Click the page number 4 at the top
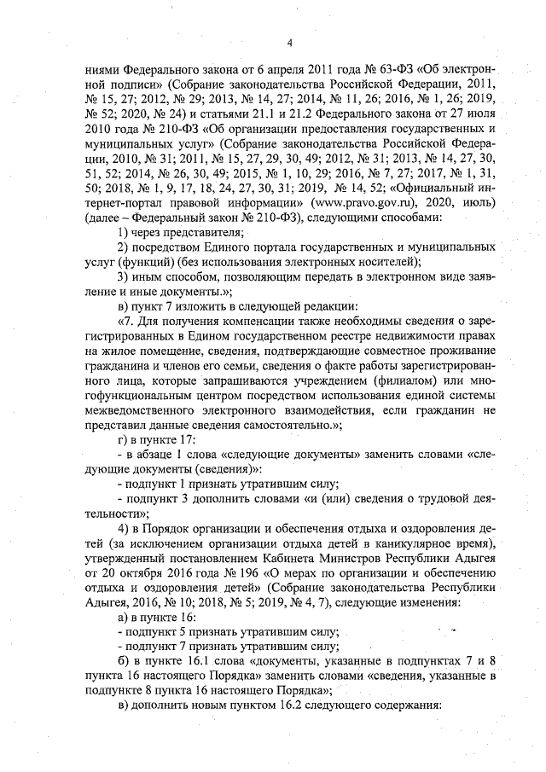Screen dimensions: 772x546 click(x=289, y=44)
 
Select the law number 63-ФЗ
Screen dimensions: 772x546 click(x=365, y=67)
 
